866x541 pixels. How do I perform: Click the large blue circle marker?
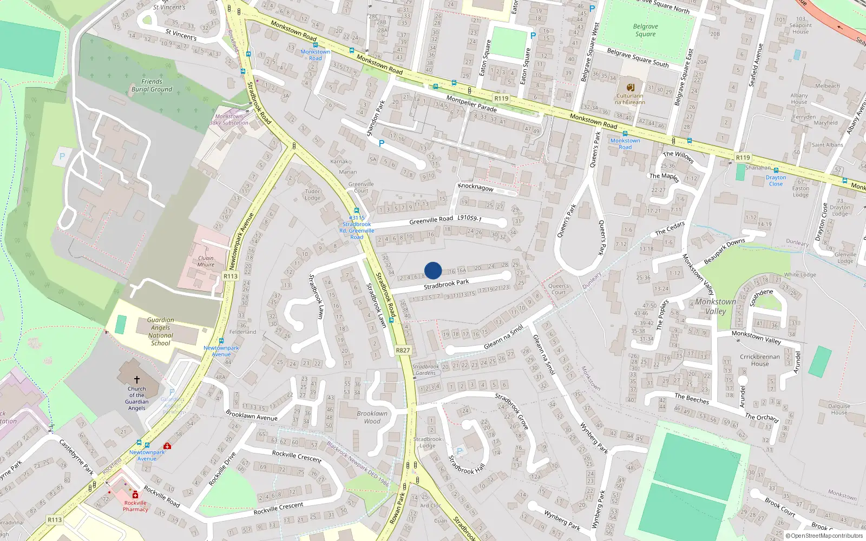[433, 270]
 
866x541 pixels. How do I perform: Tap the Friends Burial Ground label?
[152, 85]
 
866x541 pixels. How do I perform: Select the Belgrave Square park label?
[645, 30]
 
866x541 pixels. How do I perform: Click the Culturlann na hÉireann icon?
[630, 88]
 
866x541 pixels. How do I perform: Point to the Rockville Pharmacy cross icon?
[135, 494]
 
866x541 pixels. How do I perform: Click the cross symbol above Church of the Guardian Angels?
[136, 380]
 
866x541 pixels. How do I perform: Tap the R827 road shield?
[403, 350]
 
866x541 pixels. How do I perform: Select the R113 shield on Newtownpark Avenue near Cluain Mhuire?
[231, 276]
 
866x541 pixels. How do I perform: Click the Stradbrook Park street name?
[446, 284]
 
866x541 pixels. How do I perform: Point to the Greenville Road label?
[431, 221]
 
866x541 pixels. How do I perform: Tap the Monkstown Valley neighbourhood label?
[716, 306]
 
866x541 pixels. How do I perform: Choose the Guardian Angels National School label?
[160, 332]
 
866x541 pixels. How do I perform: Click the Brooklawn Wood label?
[372, 417]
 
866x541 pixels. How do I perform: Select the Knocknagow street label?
[476, 187]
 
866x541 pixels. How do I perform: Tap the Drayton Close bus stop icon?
[776, 170]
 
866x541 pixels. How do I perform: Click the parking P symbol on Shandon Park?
[381, 143]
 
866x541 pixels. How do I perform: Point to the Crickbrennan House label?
[760, 360]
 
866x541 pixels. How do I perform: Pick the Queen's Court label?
[559, 289]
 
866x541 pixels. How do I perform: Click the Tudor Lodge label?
[312, 195]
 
